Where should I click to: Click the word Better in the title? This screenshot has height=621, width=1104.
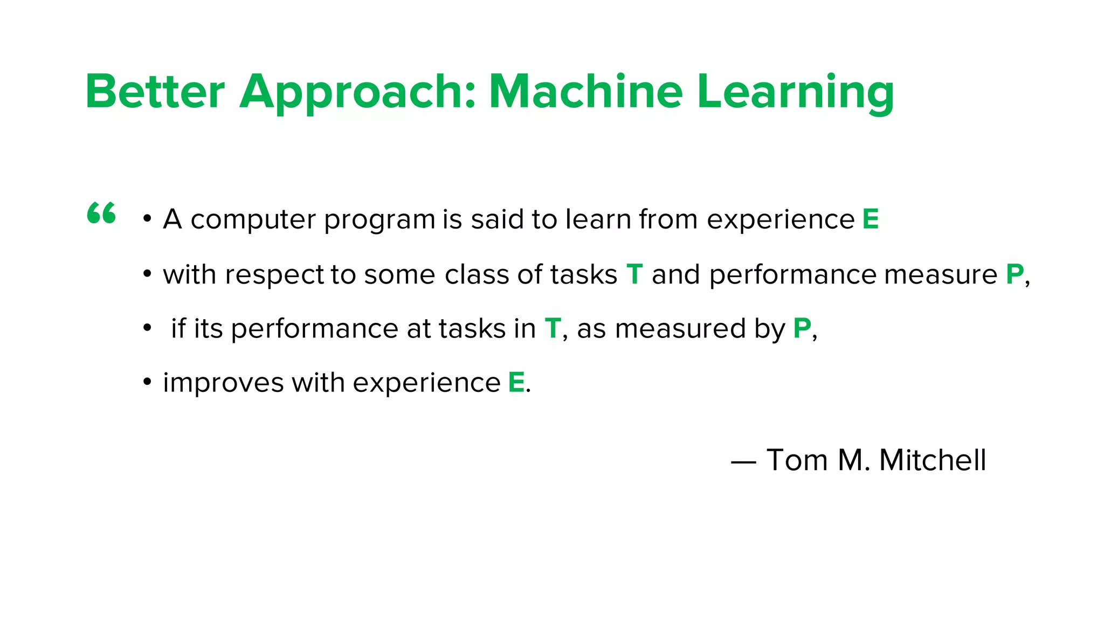pos(155,92)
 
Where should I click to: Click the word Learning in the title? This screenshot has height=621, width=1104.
pos(795,93)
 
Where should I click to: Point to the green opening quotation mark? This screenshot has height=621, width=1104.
pos(101,213)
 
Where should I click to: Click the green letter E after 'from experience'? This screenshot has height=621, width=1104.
pos(871,219)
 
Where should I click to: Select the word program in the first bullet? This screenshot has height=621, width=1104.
pos(379,220)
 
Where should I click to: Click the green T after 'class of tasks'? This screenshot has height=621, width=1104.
pos(634,274)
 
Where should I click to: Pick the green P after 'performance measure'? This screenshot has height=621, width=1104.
pos(1015,274)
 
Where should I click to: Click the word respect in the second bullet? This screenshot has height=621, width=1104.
pos(274,275)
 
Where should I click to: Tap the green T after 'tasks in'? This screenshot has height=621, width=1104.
pos(553,328)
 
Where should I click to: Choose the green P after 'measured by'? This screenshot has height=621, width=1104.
pos(802,328)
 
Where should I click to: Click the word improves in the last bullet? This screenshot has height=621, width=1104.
pos(223,383)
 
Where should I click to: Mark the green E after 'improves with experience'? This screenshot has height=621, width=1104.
pos(516,383)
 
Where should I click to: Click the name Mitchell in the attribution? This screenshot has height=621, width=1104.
pos(932,460)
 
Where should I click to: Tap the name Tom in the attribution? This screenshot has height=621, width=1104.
pos(797,460)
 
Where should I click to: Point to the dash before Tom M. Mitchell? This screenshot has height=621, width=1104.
pos(743,462)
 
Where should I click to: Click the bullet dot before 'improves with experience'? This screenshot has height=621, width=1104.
pos(147,382)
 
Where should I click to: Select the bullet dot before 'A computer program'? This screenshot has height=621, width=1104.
pos(147,219)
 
